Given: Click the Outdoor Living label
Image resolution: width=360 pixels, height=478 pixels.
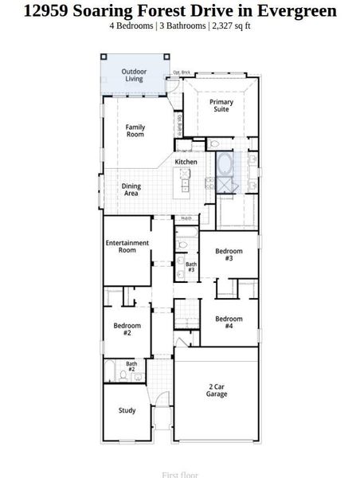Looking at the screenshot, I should (134, 76).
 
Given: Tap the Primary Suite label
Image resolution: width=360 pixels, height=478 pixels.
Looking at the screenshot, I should (221, 106).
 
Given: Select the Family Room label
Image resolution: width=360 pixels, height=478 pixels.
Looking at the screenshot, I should (135, 131).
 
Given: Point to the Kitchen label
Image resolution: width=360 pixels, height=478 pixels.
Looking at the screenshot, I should (186, 162).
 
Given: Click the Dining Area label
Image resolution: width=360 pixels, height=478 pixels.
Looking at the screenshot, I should (131, 190).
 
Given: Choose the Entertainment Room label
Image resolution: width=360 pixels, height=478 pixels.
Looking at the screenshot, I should (127, 246).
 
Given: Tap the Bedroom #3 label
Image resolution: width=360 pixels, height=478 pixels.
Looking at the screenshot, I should (229, 255).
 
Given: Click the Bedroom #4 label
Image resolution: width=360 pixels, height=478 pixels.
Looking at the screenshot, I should (229, 323).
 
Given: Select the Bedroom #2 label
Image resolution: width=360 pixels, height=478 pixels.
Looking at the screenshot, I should (127, 329).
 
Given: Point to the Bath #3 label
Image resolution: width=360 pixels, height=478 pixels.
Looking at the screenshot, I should (191, 267).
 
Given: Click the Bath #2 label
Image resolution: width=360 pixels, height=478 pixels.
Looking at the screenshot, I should (131, 366).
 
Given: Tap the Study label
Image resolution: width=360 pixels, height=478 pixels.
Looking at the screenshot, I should (127, 411).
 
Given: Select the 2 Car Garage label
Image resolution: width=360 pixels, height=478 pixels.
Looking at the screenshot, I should (216, 390).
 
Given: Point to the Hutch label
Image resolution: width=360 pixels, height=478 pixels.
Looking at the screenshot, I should (186, 218).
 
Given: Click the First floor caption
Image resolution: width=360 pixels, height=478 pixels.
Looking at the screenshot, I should (180, 474).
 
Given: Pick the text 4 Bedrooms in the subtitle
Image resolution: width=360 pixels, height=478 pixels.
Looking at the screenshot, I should (131, 25).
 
